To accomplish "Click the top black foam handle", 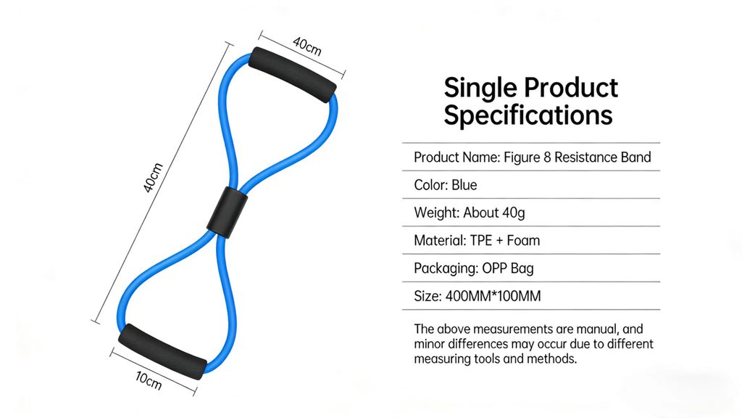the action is tap(293, 74).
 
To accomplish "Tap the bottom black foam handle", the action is tap(162, 351).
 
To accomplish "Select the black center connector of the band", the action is tap(228, 213).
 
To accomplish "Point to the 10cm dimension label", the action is tap(149, 380).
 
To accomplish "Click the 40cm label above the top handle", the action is tap(307, 46).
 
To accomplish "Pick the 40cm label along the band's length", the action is tap(153, 178).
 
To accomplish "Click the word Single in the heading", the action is tap(480, 89).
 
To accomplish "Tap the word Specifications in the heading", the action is tap(528, 115).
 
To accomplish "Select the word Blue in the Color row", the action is tap(464, 185).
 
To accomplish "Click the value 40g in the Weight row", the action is tap(514, 213).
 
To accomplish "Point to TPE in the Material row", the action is tap(481, 241).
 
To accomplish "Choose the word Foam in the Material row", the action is tap(523, 241).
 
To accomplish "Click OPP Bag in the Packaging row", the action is tap(508, 269).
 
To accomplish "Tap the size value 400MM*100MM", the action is tap(493, 296).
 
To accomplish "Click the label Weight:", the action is tap(437, 213).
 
